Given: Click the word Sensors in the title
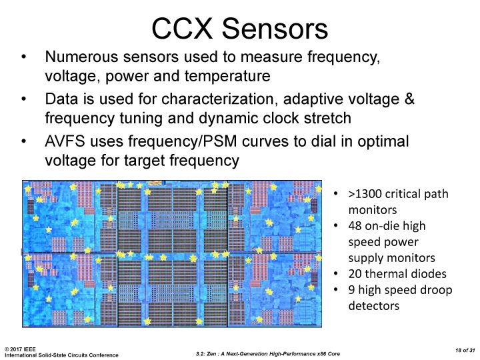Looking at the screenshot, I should pos(276,29).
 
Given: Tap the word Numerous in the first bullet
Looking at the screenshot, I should pos(76,58).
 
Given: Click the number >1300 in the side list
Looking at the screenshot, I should pos(364,195).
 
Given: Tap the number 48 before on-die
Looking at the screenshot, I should pos(355,226).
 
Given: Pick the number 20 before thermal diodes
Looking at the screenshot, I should pos(355,274).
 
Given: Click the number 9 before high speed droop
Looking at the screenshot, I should pos(351,290).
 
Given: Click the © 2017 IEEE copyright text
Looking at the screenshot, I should pos(20,348).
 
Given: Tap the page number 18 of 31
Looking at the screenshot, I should pos(459,350).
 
